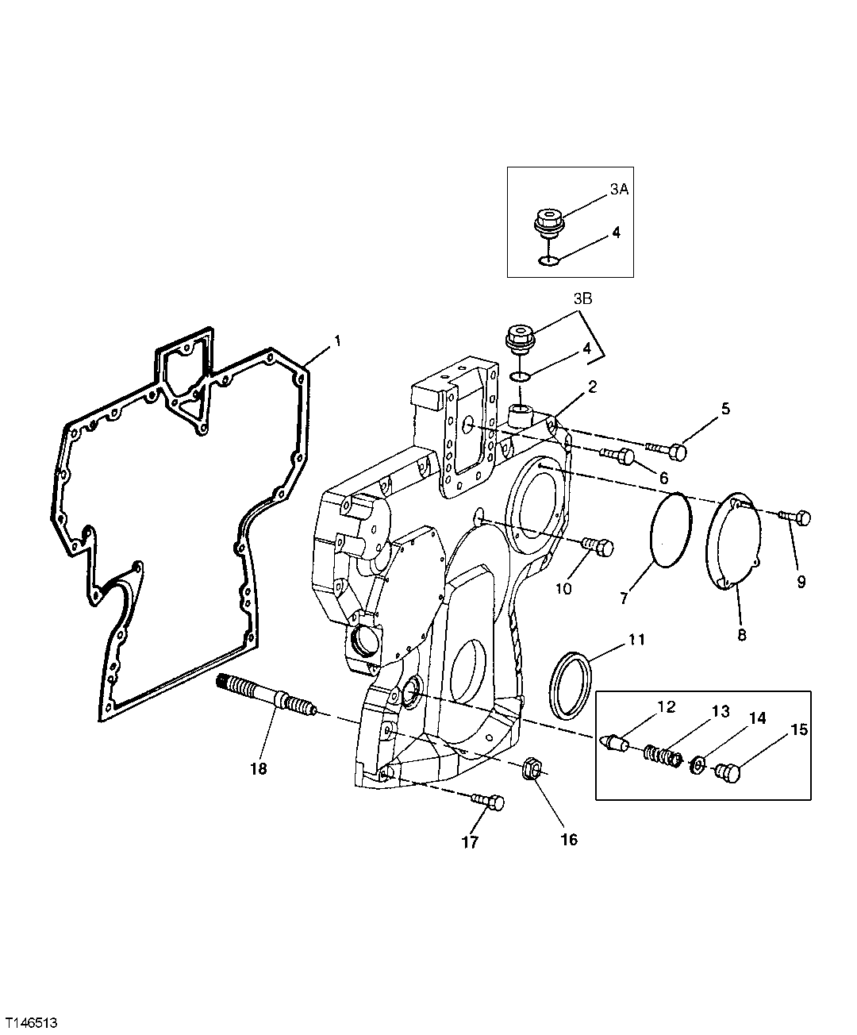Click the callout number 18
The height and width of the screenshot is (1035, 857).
click(258, 768)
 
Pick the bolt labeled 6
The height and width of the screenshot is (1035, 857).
click(621, 456)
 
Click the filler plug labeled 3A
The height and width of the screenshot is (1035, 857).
click(545, 221)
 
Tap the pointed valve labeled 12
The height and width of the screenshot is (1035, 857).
click(616, 743)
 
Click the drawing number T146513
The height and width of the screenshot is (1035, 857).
click(31, 1018)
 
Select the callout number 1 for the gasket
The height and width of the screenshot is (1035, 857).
click(336, 341)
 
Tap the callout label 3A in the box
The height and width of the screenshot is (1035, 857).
click(621, 190)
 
